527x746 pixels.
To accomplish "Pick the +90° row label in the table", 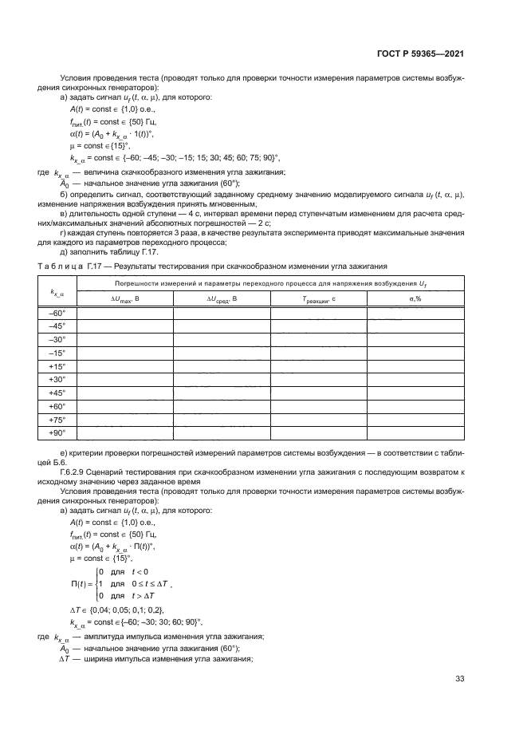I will [57, 433].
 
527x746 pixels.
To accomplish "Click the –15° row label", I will [57, 353].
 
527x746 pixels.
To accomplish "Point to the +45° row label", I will [57, 393].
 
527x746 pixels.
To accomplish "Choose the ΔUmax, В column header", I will [124, 298].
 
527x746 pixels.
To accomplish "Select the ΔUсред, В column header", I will [222, 298].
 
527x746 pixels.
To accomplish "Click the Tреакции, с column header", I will [318, 298].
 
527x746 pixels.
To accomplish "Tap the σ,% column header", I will [415, 298].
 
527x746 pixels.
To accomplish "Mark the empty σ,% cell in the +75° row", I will [415, 420].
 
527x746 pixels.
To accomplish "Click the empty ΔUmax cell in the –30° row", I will [124, 339].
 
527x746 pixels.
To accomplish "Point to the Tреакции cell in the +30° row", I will [318, 380].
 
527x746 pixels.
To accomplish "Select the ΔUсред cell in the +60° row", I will [222, 406].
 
